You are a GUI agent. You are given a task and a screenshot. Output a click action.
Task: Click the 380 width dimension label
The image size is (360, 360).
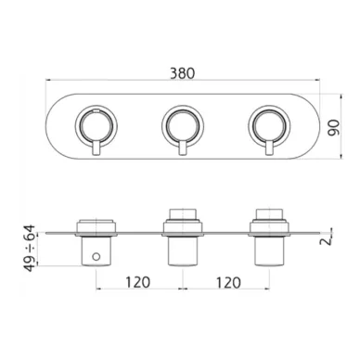click(183, 73)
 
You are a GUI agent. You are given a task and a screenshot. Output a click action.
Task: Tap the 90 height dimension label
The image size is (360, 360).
click(334, 127)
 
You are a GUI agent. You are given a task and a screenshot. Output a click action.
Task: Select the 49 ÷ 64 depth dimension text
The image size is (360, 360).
click(30, 249)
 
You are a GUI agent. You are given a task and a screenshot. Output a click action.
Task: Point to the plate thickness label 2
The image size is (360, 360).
click(326, 239)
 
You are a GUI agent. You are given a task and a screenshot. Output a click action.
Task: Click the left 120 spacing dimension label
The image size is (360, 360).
click(138, 282)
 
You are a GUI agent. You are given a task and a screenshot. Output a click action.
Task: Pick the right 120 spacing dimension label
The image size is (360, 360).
click(228, 282)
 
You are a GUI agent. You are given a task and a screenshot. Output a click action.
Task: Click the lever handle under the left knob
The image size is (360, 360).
click(96, 148)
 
